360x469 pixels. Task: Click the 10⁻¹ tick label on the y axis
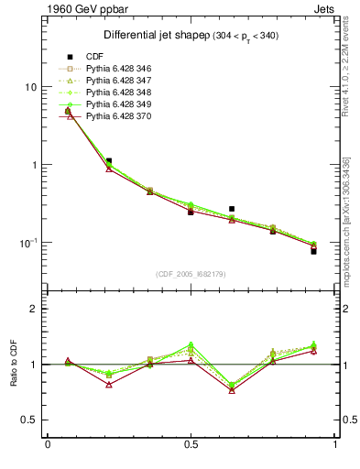[x=27, y=243]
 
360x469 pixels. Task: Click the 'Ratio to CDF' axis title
[x=13, y=377]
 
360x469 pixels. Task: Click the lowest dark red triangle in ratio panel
[x=232, y=390]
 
